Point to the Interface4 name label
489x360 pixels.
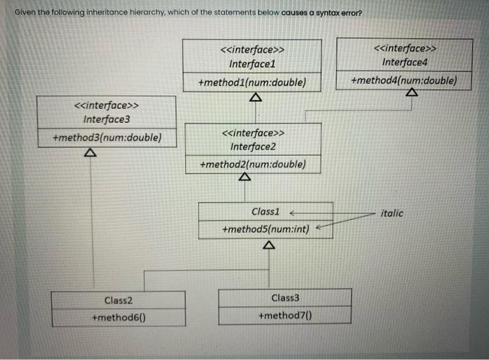point(405,62)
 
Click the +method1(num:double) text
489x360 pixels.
point(252,82)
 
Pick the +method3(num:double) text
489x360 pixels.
point(107,137)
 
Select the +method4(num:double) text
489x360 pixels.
point(405,80)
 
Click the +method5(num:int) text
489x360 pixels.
point(265,229)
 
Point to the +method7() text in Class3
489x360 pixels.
point(284,316)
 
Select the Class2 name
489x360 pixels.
point(118,300)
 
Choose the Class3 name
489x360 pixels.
point(285,298)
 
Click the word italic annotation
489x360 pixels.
point(392,213)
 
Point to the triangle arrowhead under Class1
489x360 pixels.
point(268,246)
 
